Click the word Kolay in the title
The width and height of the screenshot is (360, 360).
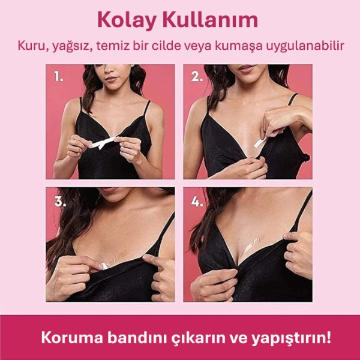coord(124,20)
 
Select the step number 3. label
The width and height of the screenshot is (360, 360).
coord(59,201)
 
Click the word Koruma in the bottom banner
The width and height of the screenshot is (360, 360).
coord(67,337)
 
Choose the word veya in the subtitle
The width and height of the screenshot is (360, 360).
coord(206,46)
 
